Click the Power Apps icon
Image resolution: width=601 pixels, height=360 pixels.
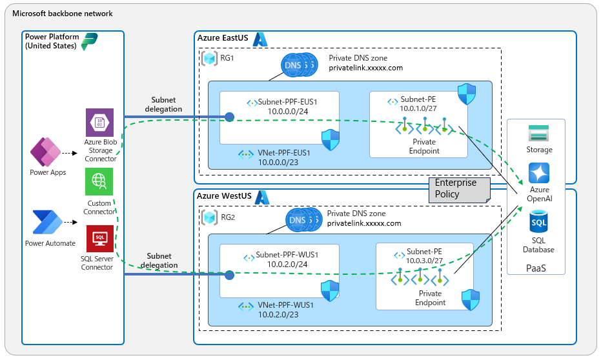point(46,152)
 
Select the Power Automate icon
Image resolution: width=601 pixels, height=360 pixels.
point(48,222)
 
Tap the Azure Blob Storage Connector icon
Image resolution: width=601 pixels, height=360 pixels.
point(99,123)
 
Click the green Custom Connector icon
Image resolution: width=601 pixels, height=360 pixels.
point(99,181)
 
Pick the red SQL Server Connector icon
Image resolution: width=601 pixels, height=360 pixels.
point(100,239)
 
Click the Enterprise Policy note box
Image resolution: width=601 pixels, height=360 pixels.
point(459,190)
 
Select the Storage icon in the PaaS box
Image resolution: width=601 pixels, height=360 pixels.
point(538,134)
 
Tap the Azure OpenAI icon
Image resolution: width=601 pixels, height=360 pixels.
point(539,173)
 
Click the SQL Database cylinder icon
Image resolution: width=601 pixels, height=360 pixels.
point(538,221)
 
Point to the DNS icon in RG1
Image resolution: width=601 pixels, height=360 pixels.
point(299,65)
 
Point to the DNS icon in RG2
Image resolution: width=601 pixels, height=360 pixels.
point(303,220)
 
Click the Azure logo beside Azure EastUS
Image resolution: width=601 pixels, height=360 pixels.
point(260,39)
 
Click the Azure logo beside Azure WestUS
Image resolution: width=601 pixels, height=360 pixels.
point(262,197)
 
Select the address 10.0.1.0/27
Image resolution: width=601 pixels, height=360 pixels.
point(418,108)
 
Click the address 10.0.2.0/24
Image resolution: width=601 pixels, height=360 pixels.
point(287,265)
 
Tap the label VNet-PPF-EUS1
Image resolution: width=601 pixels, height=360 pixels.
point(284,153)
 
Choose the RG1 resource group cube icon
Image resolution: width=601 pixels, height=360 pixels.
point(210,58)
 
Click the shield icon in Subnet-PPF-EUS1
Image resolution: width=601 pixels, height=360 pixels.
point(331,140)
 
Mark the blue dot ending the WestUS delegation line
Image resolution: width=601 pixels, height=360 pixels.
point(229,275)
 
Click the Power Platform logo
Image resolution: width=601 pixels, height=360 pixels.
point(90,42)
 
